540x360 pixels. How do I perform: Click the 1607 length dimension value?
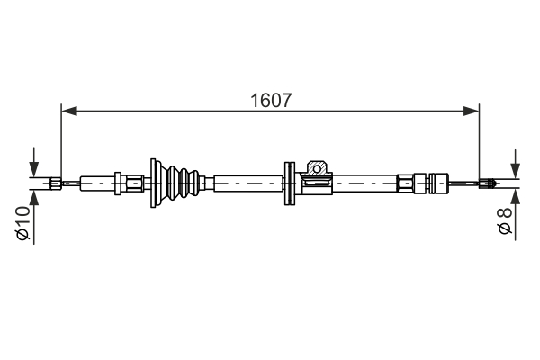click(x=270, y=101)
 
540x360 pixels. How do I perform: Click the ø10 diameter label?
click(x=23, y=223)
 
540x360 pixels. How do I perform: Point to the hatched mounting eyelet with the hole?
click(x=316, y=168)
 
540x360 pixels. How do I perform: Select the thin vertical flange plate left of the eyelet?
click(x=289, y=184)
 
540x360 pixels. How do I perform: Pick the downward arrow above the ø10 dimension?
click(x=33, y=167)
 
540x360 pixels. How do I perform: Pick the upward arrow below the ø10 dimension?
click(x=33, y=200)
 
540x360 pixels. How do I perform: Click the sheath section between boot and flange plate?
click(x=247, y=184)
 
